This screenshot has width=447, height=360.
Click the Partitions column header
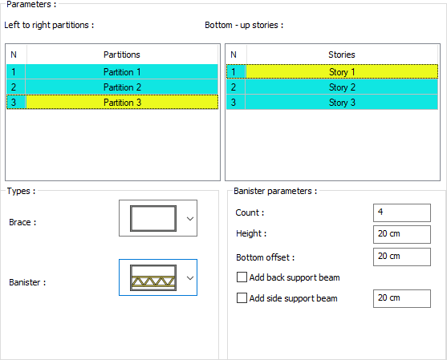[x=122, y=55]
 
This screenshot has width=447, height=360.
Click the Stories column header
[x=342, y=55]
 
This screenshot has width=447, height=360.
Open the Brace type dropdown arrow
[x=190, y=218]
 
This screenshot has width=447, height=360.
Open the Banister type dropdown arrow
[x=190, y=277]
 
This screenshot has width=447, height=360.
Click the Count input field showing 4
[x=402, y=212]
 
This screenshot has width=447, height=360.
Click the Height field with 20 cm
[x=402, y=234]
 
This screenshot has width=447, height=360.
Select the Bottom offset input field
[x=402, y=257]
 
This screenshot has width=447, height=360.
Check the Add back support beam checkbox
[x=242, y=277]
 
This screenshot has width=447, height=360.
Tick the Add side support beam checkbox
[x=242, y=298]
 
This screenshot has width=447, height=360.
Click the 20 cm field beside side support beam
[x=402, y=298]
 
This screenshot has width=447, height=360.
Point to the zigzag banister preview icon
[x=153, y=277]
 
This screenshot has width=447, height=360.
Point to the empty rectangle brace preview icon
[x=153, y=218]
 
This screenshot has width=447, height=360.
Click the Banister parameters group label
[x=275, y=191]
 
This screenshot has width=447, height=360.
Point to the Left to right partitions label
[x=49, y=25]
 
